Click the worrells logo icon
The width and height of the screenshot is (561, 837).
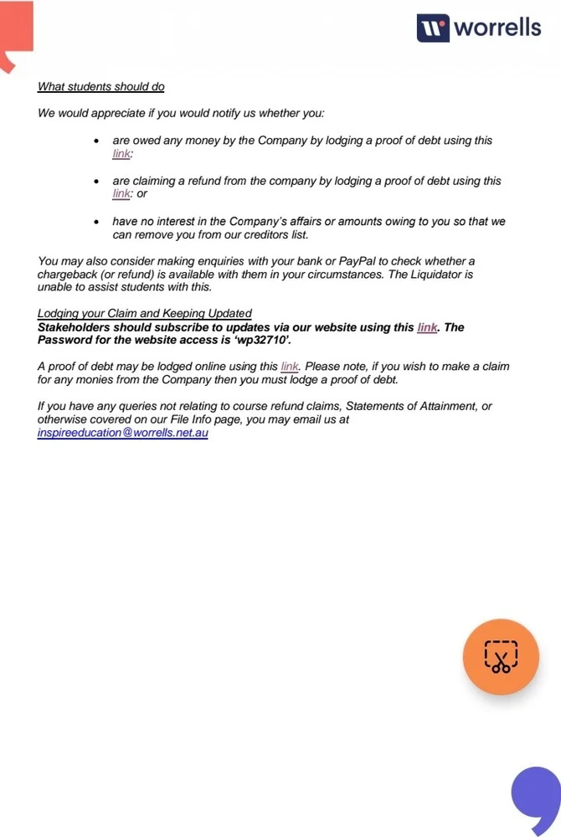[433, 28]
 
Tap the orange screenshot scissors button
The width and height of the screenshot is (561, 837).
[501, 657]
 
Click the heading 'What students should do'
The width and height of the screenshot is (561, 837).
[100, 86]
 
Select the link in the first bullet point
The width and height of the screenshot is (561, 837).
[121, 154]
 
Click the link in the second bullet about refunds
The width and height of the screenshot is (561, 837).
[121, 194]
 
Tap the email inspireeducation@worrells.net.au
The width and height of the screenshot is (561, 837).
[122, 434]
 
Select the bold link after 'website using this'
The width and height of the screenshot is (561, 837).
[427, 327]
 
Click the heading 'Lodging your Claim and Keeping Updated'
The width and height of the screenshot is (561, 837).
[144, 314]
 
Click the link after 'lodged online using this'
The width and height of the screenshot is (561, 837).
[290, 367]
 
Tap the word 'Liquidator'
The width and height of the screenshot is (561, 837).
[433, 275]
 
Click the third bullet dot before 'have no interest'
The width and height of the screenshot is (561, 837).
[97, 223]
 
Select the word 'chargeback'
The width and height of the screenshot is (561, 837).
[69, 275]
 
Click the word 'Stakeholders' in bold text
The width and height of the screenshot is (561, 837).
[74, 327]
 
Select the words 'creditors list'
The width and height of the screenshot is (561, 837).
[273, 235]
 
